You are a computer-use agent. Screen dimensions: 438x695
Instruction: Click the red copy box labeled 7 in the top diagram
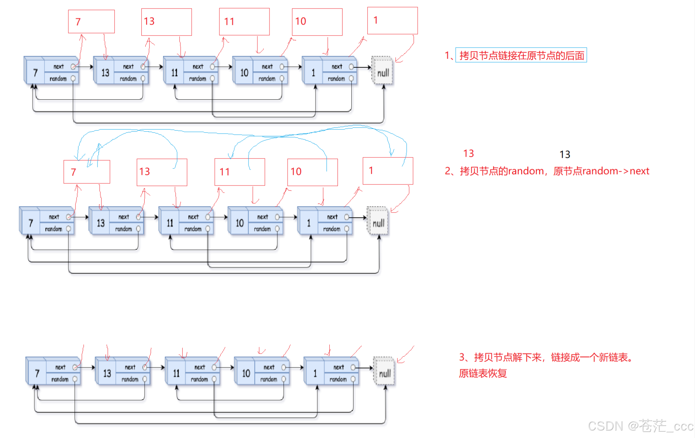pyautogui.click(x=91, y=22)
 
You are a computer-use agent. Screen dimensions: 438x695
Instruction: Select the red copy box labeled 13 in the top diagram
pyautogui.click(x=166, y=22)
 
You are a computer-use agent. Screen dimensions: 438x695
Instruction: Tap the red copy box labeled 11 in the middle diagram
pyautogui.click(x=240, y=172)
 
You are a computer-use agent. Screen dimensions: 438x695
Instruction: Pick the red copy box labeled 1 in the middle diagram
pyautogui.click(x=388, y=171)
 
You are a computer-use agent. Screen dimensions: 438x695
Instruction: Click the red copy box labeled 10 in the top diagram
pyautogui.click(x=317, y=22)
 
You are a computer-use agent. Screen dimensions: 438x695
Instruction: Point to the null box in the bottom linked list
pyautogui.click(x=384, y=371)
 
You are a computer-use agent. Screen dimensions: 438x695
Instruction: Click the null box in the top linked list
pyautogui.click(x=382, y=71)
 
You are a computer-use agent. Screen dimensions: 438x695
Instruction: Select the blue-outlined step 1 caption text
pyautogui.click(x=521, y=55)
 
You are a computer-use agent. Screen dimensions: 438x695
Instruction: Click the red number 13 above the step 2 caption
pyautogui.click(x=468, y=153)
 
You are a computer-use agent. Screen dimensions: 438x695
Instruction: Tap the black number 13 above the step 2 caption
pyautogui.click(x=565, y=155)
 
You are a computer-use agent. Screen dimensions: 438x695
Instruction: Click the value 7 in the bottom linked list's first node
pyautogui.click(x=37, y=373)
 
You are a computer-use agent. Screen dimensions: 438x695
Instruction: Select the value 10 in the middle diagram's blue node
pyautogui.click(x=239, y=223)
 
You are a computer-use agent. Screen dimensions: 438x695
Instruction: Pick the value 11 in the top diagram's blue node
pyautogui.click(x=174, y=73)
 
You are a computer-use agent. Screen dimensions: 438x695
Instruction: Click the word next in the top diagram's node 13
pyautogui.click(x=128, y=67)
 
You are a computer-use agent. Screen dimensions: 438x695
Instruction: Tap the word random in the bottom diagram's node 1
pyautogui.click(x=338, y=379)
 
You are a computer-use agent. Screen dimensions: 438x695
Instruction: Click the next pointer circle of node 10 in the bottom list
pyautogui.click(x=284, y=367)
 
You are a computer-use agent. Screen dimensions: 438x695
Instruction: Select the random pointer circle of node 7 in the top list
pyautogui.click(x=73, y=78)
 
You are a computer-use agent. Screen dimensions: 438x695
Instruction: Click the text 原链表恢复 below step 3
pyautogui.click(x=482, y=373)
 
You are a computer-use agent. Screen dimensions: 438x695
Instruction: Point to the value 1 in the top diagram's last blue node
pyautogui.click(x=313, y=73)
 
